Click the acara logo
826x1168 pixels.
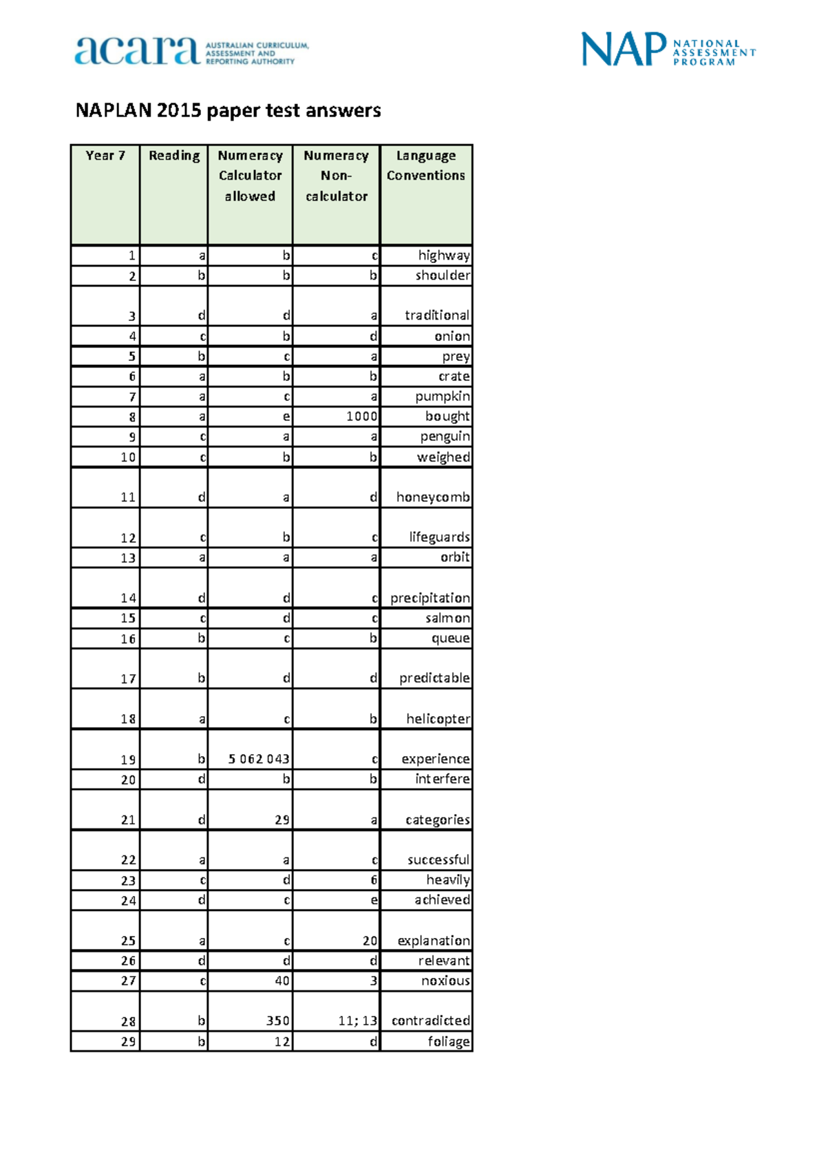pos(137,50)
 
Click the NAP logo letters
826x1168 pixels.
pos(624,50)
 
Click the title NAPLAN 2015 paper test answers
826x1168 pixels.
pos(228,110)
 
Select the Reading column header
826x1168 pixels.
pos(174,156)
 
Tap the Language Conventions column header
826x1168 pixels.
pos(425,165)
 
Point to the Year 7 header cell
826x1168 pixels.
pos(105,156)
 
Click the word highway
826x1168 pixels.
pos(444,255)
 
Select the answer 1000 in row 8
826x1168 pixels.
pos(361,417)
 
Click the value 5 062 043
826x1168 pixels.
pos(259,759)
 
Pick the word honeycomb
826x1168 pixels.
pos(433,497)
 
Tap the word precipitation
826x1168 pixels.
pos(430,598)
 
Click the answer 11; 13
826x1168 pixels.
pos(357,1021)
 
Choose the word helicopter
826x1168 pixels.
pos(438,719)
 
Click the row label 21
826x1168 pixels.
pos(128,820)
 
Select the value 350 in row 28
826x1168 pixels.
pos(278,1021)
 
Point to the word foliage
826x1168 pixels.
pos(448,1041)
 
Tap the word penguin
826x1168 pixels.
pos(445,437)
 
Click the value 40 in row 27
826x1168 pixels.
pos(282,981)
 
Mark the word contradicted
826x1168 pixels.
pos(431,1021)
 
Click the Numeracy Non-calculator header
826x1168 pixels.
pos(336,176)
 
